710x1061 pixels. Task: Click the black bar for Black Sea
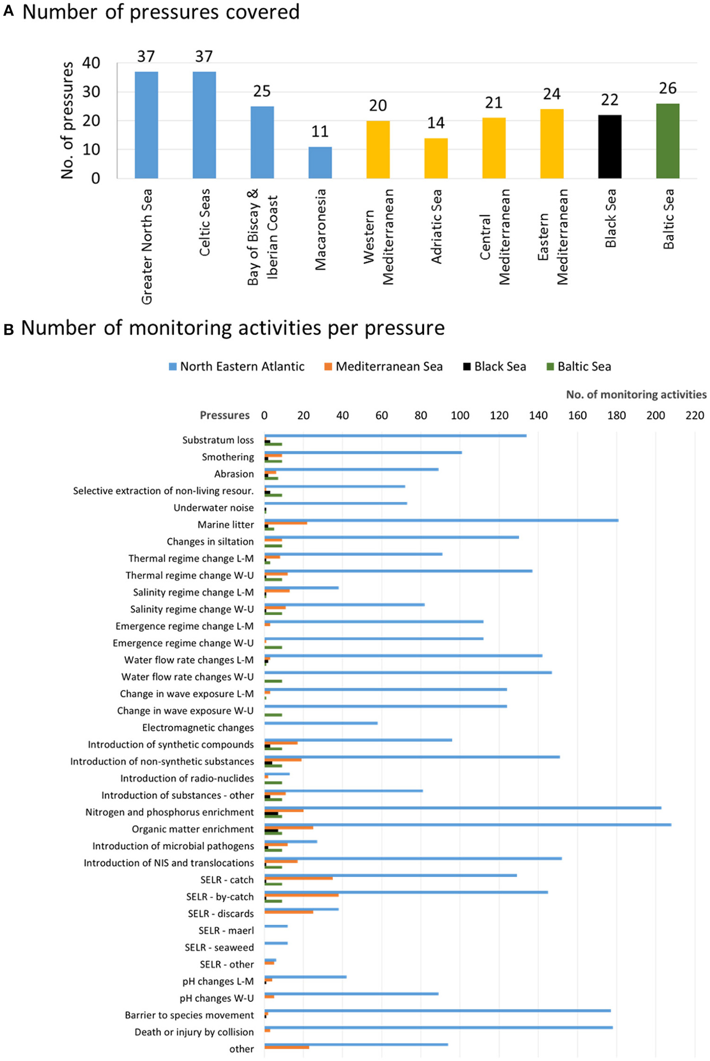click(609, 147)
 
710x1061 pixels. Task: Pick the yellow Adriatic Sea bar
click(436, 158)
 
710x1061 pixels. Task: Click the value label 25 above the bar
click(262, 91)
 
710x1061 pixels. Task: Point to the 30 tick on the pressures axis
click(91, 92)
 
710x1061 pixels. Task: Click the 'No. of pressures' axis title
click(67, 121)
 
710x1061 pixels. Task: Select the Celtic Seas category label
click(204, 222)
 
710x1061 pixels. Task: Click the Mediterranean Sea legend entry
click(384, 366)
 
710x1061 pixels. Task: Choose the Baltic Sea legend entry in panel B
click(579, 366)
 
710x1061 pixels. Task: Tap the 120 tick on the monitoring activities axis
click(499, 415)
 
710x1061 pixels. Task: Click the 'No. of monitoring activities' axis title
click(636, 394)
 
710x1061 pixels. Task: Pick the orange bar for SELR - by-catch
click(301, 895)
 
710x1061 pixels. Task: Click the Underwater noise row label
click(213, 508)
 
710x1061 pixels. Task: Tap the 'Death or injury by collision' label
click(194, 1032)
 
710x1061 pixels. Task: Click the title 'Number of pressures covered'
click(161, 12)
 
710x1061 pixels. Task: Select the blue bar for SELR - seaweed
click(276, 943)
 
